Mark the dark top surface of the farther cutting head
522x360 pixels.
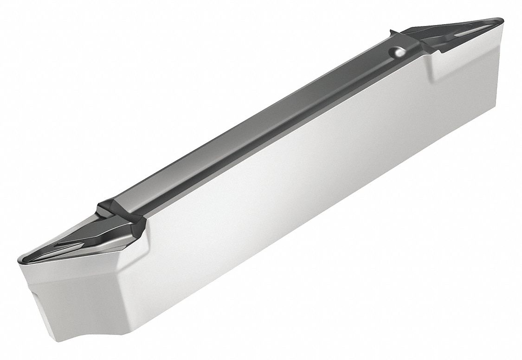tap(464, 28)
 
